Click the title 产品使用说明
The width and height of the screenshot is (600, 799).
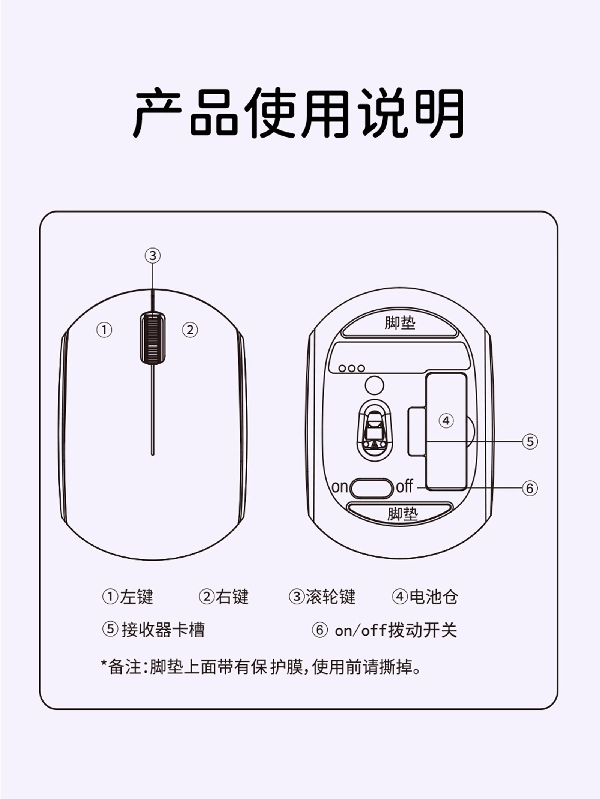coord(299,113)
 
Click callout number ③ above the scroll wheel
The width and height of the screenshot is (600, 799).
coord(153,256)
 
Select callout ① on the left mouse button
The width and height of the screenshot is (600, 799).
coord(104,330)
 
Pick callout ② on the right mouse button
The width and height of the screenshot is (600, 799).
coord(190,330)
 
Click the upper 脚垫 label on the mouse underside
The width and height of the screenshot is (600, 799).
coord(400,322)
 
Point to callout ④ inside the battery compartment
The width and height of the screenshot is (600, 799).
coord(446,420)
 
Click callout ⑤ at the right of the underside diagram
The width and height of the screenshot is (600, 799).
coord(530,441)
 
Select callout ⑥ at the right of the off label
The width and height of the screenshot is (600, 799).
coord(530,488)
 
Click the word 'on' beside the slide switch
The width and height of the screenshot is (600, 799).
coord(340,487)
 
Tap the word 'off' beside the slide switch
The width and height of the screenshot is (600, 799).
coord(405,486)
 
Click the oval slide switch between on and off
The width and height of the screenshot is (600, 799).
coord(371,488)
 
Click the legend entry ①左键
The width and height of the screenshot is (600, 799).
coord(128,597)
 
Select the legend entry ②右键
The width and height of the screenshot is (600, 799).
coord(223,597)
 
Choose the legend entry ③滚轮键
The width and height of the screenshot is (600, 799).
coord(322,597)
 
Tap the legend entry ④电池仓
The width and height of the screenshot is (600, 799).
coord(425,597)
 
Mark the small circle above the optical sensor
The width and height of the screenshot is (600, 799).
coord(374,385)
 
